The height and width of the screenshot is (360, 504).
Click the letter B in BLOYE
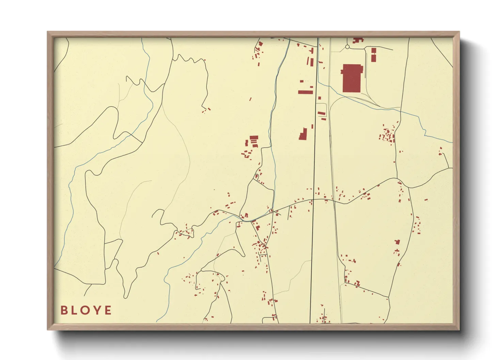pos(64,310)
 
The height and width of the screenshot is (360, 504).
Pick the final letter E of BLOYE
pos(108,310)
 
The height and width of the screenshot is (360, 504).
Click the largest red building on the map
pos(351,78)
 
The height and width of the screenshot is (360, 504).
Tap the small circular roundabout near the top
pos(347,47)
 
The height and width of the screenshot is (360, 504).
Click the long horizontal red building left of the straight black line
pos(305,92)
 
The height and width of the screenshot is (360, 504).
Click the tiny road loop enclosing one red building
pos(256,176)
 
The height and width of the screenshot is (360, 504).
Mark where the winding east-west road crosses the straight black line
pos(313,199)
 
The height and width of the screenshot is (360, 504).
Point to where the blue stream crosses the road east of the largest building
pos(400,109)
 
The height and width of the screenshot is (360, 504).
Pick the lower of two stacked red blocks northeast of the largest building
pos(374,58)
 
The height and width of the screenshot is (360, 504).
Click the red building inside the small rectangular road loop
pos(321,113)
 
